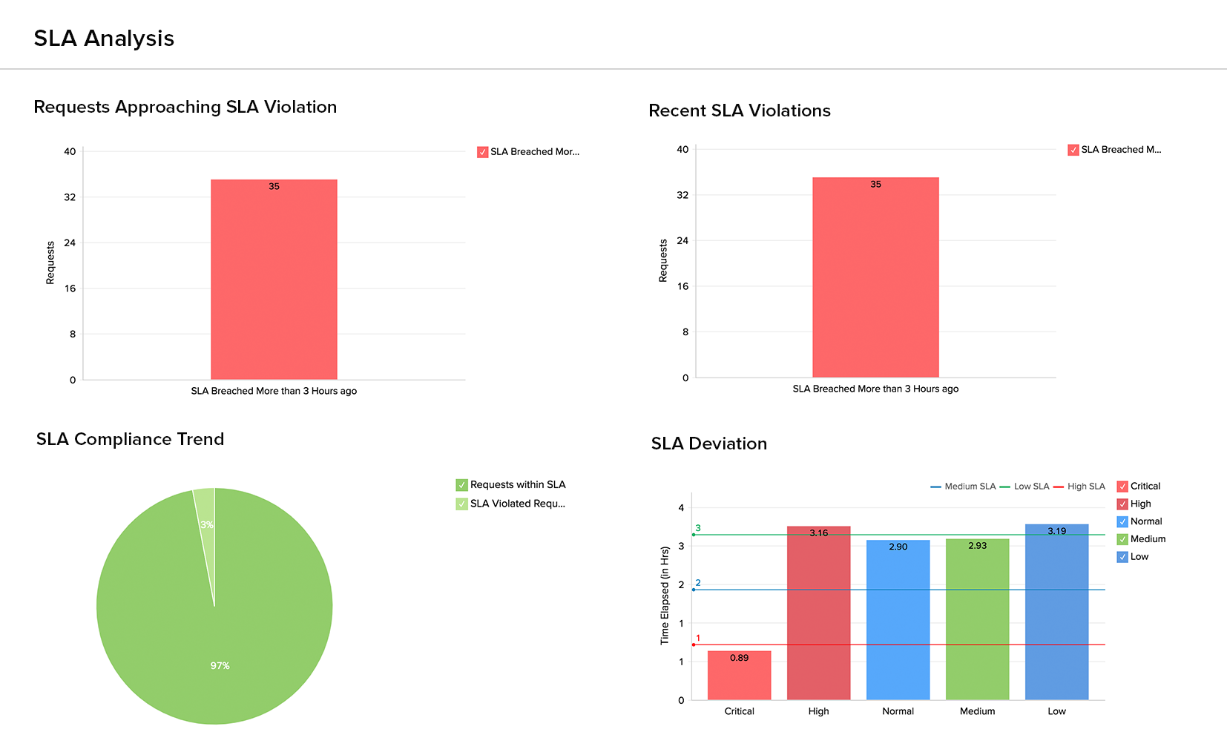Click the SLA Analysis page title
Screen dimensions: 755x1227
tap(104, 39)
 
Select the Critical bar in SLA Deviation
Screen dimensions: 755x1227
tap(739, 676)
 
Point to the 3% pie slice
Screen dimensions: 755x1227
tap(205, 512)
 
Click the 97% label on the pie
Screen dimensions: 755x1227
tap(220, 666)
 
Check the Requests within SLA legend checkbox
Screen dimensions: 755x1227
tap(462, 485)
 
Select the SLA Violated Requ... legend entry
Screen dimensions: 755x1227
tap(517, 504)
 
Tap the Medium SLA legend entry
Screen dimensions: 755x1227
tap(963, 487)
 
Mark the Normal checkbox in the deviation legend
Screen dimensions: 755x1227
tap(1122, 521)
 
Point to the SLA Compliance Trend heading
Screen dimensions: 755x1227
tap(130, 439)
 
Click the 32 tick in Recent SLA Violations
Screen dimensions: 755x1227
tap(682, 195)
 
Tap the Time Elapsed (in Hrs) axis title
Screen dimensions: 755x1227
tap(665, 596)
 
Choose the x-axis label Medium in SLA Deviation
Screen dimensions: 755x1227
tap(977, 711)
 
